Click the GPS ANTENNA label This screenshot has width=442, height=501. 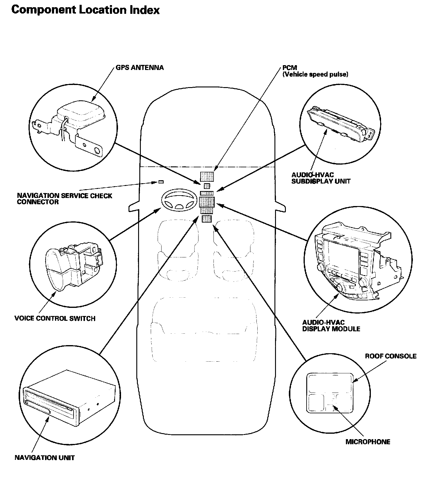tap(140, 68)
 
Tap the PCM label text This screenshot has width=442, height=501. tap(289, 68)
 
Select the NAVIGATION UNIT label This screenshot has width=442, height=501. tap(44, 458)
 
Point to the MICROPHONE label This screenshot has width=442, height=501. tap(368, 442)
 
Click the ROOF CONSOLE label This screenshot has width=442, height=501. tap(390, 356)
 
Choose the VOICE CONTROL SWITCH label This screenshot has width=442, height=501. tap(55, 318)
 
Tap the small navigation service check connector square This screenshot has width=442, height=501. tap(161, 182)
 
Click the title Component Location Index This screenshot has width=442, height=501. tap(85, 10)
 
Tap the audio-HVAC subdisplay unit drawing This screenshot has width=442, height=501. tap(339, 123)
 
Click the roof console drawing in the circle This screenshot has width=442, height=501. tap(329, 392)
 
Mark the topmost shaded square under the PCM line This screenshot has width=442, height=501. tap(207, 176)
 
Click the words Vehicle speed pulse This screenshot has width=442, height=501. tap(315, 74)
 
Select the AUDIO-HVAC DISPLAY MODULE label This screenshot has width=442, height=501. tap(331, 326)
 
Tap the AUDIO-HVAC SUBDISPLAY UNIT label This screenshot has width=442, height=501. tap(321, 178)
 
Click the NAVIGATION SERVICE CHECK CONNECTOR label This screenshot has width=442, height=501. tap(64, 199)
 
